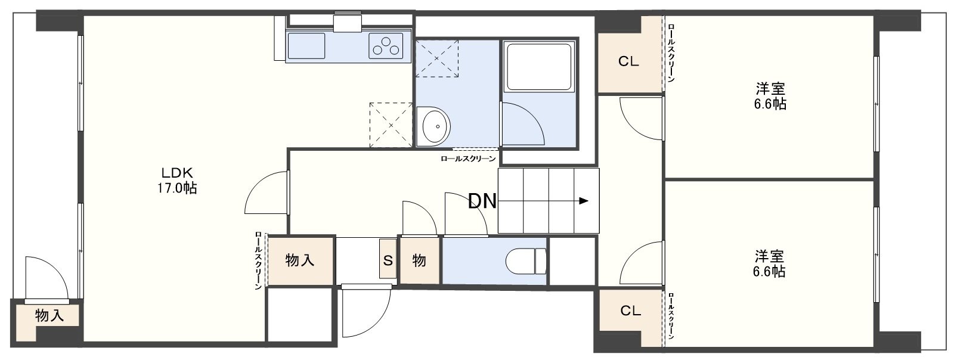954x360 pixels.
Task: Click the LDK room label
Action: (176, 173)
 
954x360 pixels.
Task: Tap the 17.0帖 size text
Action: (177, 188)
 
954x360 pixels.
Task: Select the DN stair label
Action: (482, 201)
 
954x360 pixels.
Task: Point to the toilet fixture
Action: (525, 261)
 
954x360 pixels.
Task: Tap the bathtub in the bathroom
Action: (539, 67)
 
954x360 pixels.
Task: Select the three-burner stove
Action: (386, 46)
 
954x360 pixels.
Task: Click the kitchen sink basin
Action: (306, 46)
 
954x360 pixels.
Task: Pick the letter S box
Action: (388, 259)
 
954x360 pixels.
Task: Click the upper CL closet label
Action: (628, 62)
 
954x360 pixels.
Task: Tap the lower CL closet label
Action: (630, 311)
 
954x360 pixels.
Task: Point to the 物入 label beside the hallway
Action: (299, 260)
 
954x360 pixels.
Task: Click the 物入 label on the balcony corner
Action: (49, 315)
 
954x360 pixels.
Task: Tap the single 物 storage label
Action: (419, 260)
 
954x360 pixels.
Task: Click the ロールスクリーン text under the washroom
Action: (468, 159)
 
